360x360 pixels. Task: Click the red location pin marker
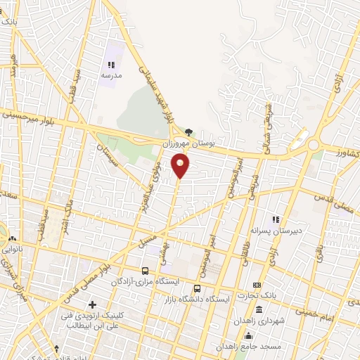pyautogui.click(x=181, y=166)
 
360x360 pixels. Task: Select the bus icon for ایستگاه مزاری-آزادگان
pyautogui.click(x=145, y=270)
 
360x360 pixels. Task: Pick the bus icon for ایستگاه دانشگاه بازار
pyautogui.click(x=198, y=288)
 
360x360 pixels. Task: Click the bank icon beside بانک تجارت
pyautogui.click(x=257, y=284)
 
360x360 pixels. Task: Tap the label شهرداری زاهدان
pyautogui.click(x=281, y=321)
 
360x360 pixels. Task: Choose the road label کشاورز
pyautogui.click(x=345, y=152)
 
